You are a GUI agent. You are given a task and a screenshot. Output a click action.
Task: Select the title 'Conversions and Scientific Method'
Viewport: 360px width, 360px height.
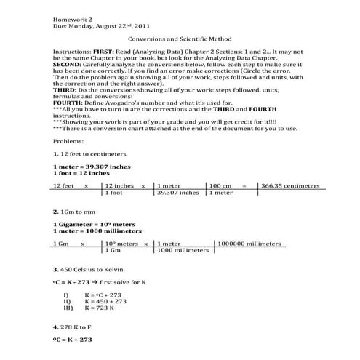(x=179, y=41)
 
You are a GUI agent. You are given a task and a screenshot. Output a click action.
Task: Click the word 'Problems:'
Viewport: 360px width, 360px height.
(x=68, y=142)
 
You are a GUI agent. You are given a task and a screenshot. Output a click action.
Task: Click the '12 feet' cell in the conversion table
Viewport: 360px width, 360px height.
(x=64, y=186)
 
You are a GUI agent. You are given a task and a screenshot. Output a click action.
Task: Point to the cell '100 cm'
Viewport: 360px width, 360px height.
(x=220, y=186)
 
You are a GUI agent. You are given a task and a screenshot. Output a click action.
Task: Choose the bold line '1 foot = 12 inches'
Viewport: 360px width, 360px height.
(x=82, y=174)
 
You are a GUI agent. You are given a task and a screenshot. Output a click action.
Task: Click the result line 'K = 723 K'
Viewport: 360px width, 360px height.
(x=103, y=308)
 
